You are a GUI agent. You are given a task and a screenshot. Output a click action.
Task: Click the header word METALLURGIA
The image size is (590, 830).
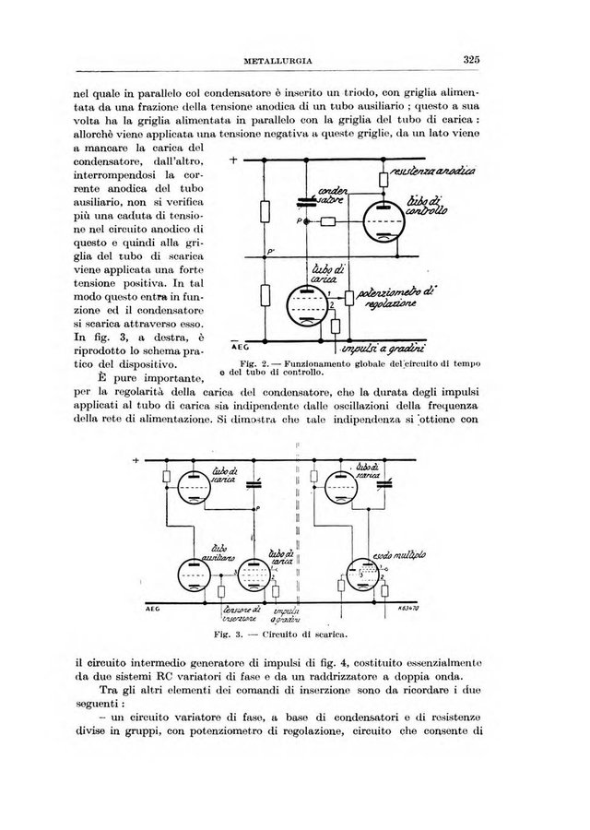click(277, 62)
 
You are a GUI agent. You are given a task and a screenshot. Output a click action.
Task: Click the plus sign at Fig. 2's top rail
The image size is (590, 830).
click(233, 160)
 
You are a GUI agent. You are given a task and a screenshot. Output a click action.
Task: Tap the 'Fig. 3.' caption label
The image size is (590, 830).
click(227, 635)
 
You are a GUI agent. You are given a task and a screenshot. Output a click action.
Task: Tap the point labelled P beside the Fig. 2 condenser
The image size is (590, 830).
click(301, 222)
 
